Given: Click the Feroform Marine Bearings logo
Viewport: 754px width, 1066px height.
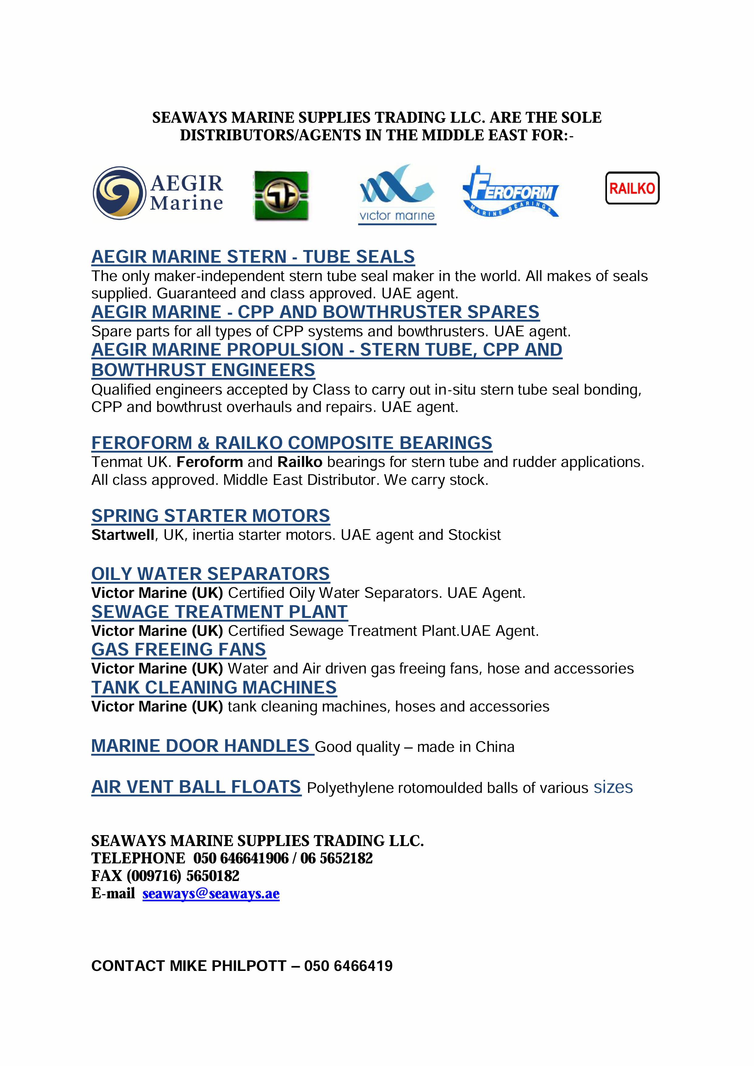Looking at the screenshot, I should point(511,192).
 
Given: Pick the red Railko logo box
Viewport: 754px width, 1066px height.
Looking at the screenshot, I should point(632,188).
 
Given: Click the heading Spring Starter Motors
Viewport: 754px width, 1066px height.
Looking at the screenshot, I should point(210,516).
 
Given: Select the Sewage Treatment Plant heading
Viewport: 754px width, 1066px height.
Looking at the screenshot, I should point(219,612).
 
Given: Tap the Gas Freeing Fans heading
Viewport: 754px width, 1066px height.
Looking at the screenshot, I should point(178,650).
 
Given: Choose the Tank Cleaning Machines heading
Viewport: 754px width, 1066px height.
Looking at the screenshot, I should point(214,687).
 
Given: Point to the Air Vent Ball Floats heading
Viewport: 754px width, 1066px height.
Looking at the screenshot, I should point(196,787).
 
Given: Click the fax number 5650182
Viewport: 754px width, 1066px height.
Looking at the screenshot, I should point(212,876).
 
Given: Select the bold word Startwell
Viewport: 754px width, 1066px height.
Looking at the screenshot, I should point(123,535).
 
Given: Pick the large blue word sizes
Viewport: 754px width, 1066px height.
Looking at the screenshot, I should point(613,787).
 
